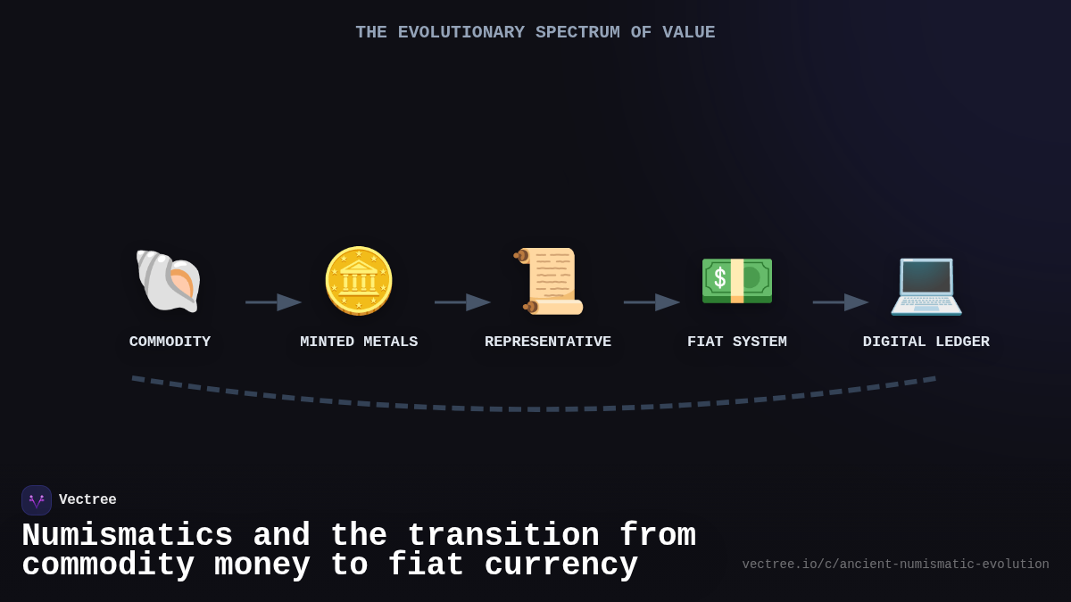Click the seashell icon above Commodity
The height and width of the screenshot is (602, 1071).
pyautogui.click(x=169, y=281)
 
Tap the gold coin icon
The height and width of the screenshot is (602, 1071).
pyautogui.click(x=359, y=281)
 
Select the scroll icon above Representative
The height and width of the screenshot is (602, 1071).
pyautogui.click(x=548, y=281)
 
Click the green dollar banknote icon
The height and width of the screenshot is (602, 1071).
pyautogui.click(x=737, y=281)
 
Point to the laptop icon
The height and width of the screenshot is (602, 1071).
pyautogui.click(x=926, y=284)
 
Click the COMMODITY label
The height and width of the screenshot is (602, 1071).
pyautogui.click(x=170, y=342)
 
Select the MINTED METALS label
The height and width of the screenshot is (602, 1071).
pyautogui.click(x=359, y=342)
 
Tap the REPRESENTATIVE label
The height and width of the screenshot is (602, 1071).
pyautogui.click(x=548, y=342)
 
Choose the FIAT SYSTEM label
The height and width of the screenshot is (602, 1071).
pyautogui.click(x=737, y=342)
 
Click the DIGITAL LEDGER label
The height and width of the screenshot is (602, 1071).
pyautogui.click(x=926, y=342)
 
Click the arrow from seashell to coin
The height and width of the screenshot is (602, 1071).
pyautogui.click(x=274, y=302)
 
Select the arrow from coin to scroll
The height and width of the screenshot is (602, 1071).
pyautogui.click(x=462, y=302)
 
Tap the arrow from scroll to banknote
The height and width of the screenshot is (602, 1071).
pyautogui.click(x=652, y=302)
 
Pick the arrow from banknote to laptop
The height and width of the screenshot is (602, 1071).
pyautogui.click(x=841, y=302)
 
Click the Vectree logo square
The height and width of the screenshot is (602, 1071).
pyautogui.click(x=37, y=500)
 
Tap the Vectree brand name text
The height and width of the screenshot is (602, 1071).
pyautogui.click(x=87, y=500)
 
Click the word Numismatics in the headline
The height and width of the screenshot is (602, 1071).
pyautogui.click(x=127, y=536)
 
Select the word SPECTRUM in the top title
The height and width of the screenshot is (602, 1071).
pyautogui.click(x=577, y=32)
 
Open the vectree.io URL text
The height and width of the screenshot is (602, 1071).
pyautogui.click(x=895, y=565)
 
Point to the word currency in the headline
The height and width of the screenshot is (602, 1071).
pyautogui.click(x=561, y=565)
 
